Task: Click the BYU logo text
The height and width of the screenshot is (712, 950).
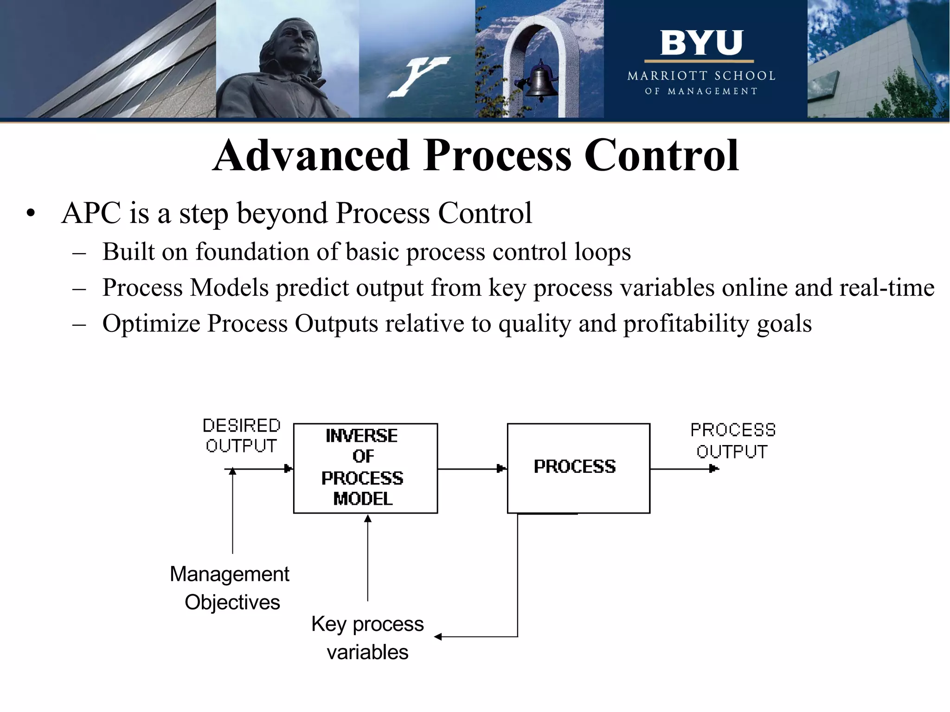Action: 701,43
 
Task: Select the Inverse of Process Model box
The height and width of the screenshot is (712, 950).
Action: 365,468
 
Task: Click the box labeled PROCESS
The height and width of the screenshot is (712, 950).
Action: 578,468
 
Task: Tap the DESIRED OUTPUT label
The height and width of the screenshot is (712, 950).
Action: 242,435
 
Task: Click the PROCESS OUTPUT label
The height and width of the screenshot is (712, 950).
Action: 732,440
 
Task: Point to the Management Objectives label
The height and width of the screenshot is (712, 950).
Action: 231,588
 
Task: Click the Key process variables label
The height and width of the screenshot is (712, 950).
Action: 367,637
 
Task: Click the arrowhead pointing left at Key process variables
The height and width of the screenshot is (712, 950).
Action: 437,637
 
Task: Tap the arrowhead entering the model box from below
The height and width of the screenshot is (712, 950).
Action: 367,519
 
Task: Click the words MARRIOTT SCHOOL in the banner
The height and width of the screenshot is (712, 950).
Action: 701,76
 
